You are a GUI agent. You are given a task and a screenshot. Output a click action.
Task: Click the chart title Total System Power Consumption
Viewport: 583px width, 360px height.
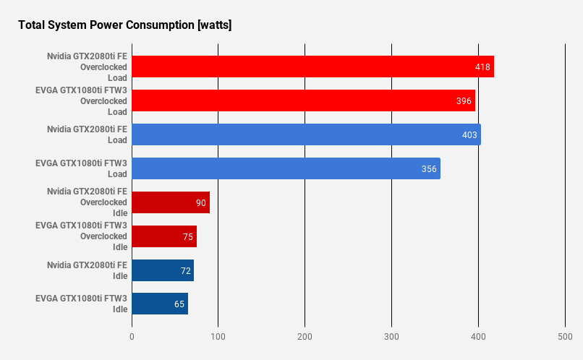click(124, 25)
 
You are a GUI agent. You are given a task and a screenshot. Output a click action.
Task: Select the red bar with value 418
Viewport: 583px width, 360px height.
click(312, 67)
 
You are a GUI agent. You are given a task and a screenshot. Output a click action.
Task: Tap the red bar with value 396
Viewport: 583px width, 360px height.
click(303, 100)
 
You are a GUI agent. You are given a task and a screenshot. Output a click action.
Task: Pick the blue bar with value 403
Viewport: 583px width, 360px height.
click(306, 134)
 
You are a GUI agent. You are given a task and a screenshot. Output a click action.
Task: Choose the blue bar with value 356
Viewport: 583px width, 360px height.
click(286, 168)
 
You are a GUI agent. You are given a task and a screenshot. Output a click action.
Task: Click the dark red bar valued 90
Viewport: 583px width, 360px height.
click(171, 202)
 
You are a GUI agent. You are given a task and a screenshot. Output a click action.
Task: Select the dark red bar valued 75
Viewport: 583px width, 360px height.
click(164, 236)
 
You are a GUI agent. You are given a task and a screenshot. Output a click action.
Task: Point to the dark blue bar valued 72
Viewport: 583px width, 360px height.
click(163, 270)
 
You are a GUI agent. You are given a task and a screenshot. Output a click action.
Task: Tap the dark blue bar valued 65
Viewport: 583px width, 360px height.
click(160, 304)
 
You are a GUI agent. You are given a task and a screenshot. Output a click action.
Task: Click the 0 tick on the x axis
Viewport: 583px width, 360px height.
click(132, 337)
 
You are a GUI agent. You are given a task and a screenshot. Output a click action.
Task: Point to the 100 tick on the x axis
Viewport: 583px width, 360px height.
click(218, 337)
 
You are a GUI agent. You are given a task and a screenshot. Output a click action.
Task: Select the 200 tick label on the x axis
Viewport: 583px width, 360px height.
click(305, 337)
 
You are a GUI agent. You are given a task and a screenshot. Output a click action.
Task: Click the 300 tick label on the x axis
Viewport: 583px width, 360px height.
click(391, 337)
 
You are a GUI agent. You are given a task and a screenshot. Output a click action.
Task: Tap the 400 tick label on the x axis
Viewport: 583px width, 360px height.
click(478, 337)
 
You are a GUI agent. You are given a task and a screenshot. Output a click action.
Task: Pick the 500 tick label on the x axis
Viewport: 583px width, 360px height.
click(565, 337)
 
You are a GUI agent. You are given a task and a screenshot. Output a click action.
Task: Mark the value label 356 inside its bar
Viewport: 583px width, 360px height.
click(430, 169)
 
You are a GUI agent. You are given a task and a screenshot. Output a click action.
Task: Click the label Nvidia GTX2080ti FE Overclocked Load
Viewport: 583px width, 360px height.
click(87, 67)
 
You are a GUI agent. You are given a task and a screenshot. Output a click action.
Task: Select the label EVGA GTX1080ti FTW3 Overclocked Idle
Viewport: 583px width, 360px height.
click(81, 236)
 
